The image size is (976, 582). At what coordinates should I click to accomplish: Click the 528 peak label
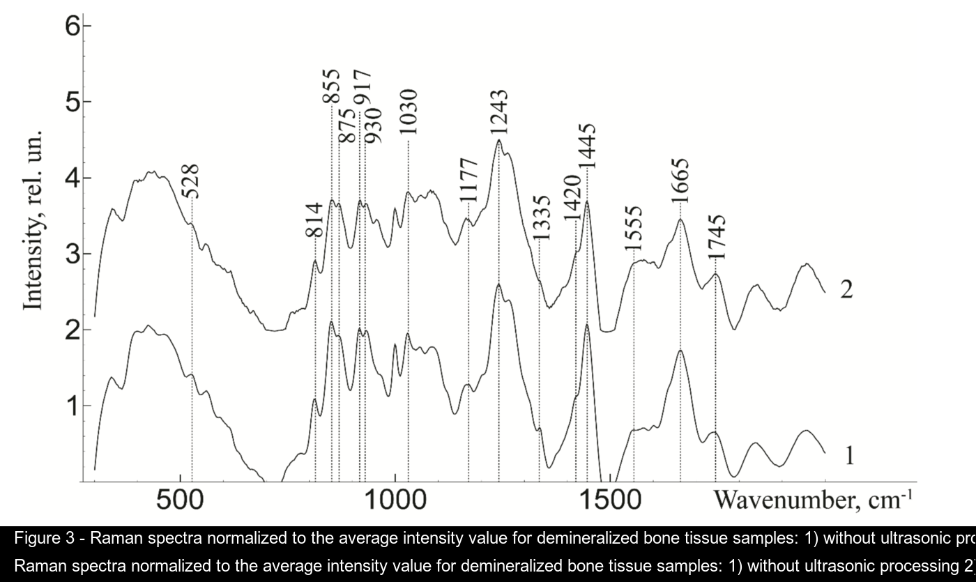pyautogui.click(x=191, y=181)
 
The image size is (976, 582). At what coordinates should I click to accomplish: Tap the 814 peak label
pyautogui.click(x=315, y=220)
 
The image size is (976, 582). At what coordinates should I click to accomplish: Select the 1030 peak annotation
pyautogui.click(x=409, y=112)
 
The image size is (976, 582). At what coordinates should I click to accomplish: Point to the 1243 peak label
pyautogui.click(x=499, y=112)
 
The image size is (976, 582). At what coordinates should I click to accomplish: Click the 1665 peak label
pyautogui.click(x=680, y=179)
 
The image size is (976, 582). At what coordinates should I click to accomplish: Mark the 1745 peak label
pyautogui.click(x=717, y=237)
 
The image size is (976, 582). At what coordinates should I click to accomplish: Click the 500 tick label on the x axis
pyautogui.click(x=181, y=502)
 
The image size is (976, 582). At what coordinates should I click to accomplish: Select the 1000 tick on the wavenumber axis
pyautogui.click(x=395, y=502)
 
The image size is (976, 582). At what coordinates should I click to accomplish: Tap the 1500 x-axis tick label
pyautogui.click(x=611, y=502)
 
